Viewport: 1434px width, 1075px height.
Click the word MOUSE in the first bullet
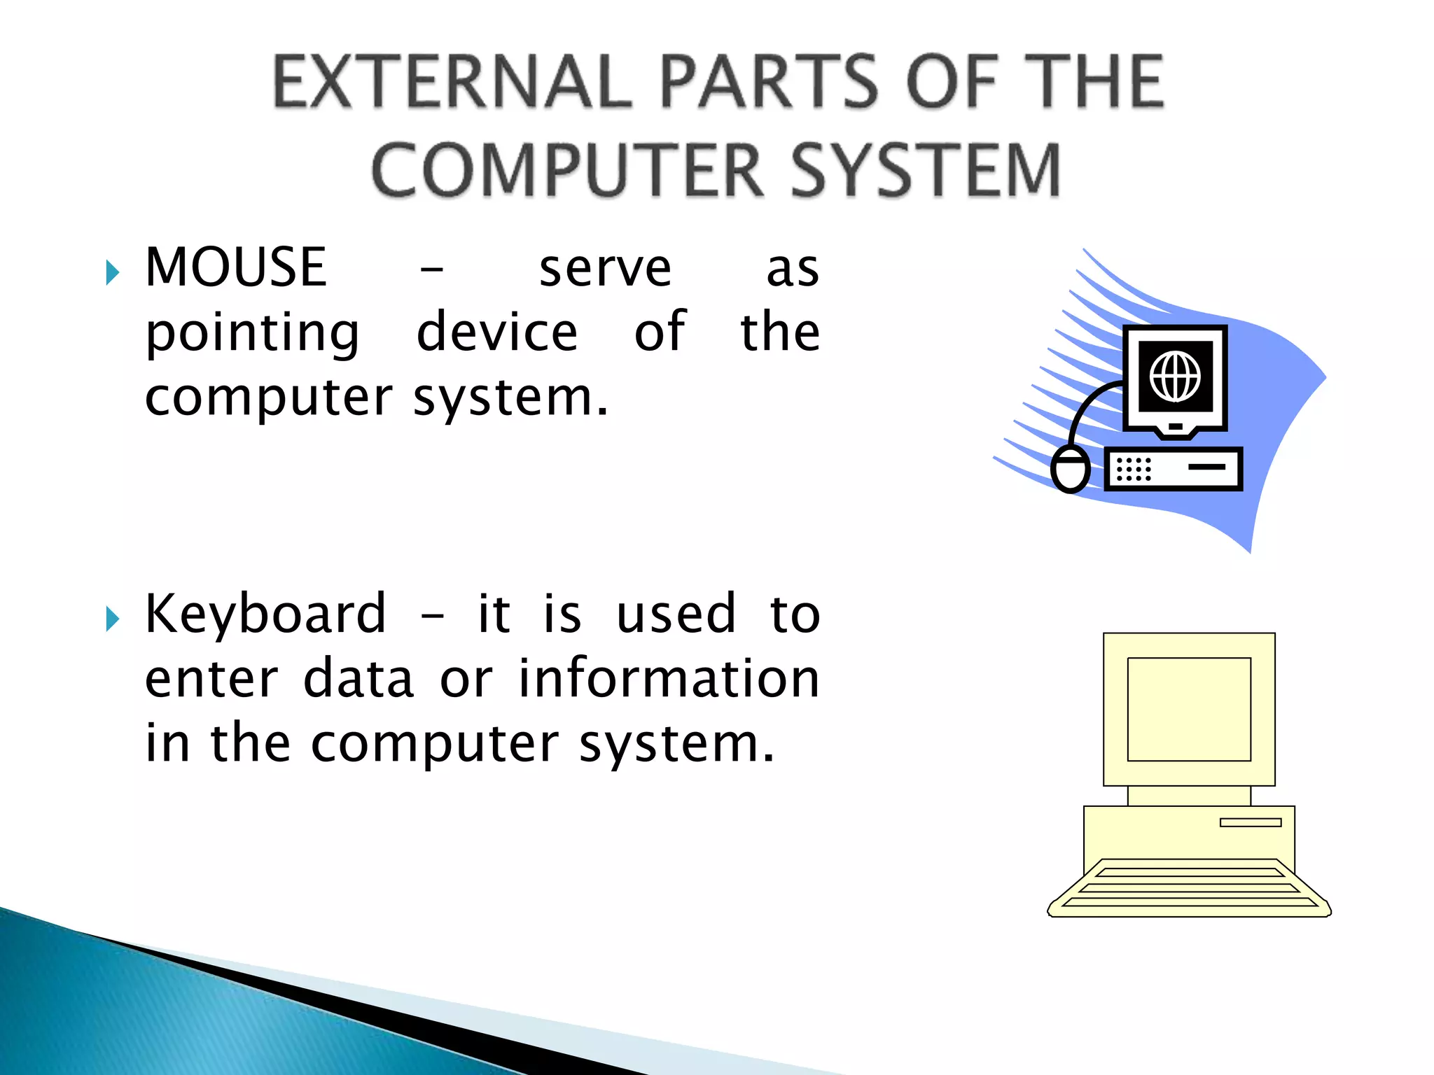tap(235, 267)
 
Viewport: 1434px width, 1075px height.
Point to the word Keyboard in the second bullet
tap(265, 614)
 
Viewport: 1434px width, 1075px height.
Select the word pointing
tap(252, 333)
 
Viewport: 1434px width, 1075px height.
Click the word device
tap(496, 332)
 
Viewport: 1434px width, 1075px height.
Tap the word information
tap(669, 678)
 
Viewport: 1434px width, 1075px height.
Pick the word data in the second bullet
tap(358, 678)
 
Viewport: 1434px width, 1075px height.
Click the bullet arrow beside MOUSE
tap(112, 272)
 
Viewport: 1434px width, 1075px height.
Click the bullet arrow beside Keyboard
tap(112, 619)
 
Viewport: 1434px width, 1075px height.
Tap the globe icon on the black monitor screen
tap(1175, 377)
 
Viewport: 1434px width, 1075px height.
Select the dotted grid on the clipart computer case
tap(1133, 469)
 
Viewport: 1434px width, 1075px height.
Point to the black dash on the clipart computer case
tap(1206, 467)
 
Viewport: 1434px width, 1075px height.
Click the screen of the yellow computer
tap(1188, 709)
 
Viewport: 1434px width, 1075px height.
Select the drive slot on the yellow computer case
tap(1250, 822)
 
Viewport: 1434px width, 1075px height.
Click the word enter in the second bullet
tap(211, 678)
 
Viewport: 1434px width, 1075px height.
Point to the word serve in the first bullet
tap(605, 269)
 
